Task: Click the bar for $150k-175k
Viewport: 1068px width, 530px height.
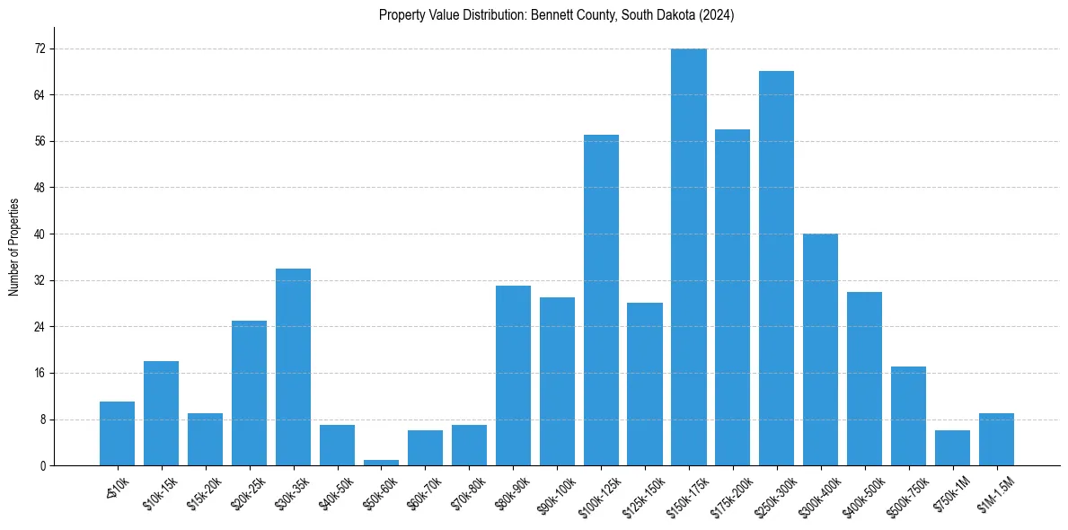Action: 689,257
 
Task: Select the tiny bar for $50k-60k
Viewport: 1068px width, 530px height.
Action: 381,463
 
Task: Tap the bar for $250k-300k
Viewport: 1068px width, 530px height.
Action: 777,268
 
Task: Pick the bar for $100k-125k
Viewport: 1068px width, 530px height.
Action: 601,300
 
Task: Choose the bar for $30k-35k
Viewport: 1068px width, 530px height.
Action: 293,367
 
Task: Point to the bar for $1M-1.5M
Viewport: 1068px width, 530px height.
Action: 996,439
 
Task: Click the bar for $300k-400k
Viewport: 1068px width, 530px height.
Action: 821,349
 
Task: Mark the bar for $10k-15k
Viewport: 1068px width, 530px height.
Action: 161,413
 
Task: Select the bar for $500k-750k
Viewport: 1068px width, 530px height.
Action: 909,416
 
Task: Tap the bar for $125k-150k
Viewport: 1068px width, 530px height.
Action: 645,384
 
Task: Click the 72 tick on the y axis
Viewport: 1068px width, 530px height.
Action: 40,49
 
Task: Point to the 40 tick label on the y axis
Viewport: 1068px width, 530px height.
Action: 40,234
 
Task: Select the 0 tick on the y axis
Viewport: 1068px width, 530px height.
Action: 42,466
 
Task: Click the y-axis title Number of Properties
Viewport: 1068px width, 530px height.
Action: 13,247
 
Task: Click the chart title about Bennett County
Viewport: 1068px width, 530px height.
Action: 557,15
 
